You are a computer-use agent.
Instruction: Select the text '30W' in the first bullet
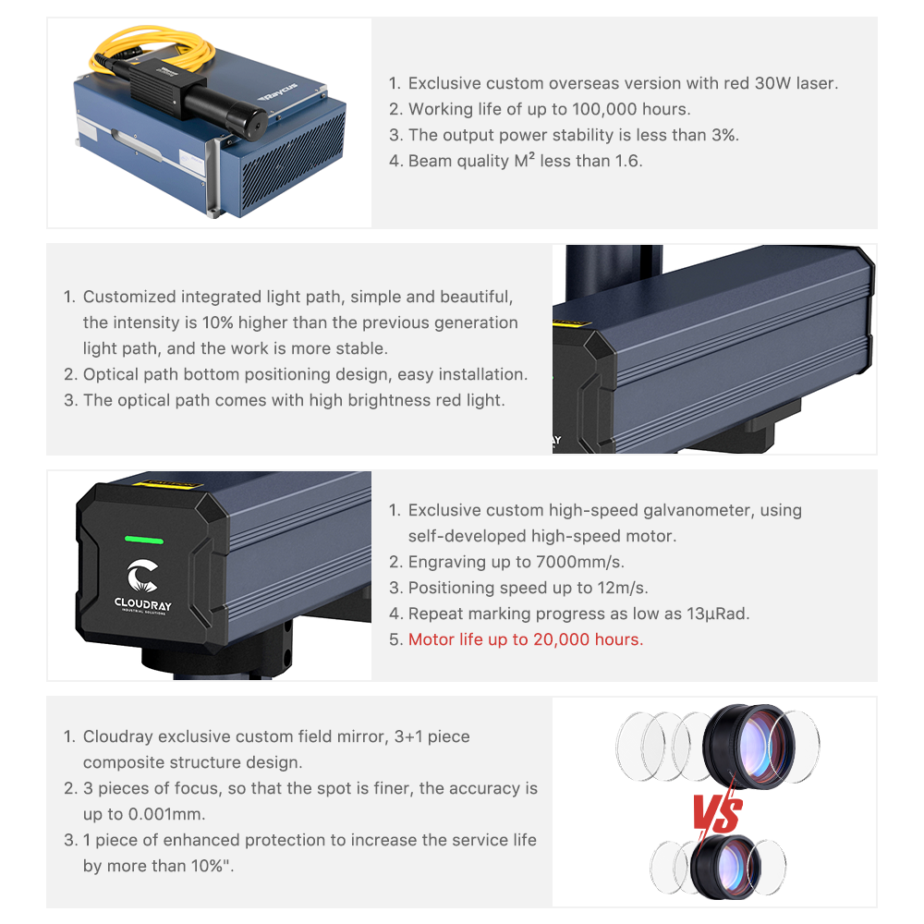pyautogui.click(x=772, y=83)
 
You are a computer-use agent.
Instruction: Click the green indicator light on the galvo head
pyautogui.click(x=144, y=540)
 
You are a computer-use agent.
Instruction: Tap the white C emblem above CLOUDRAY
pyautogui.click(x=142, y=576)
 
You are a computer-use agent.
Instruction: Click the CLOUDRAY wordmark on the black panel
pyautogui.click(x=143, y=604)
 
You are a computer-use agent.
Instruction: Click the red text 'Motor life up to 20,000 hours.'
pyautogui.click(x=526, y=639)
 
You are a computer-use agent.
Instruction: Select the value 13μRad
pyautogui.click(x=718, y=614)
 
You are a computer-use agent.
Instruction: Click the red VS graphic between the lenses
pyautogui.click(x=717, y=814)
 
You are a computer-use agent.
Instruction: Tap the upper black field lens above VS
pyautogui.click(x=748, y=745)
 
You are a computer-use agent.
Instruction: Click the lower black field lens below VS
pyautogui.click(x=724, y=867)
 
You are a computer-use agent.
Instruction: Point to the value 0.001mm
pyautogui.click(x=166, y=814)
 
